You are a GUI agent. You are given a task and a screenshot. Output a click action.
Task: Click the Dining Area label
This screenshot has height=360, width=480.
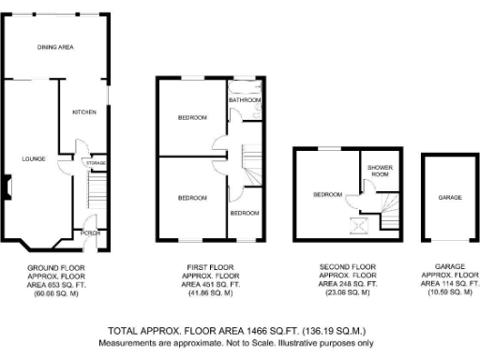[55, 46]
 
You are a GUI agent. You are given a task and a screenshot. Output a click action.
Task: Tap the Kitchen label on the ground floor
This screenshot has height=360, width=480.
[84, 112]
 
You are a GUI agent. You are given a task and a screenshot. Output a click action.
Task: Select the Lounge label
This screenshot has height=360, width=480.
[34, 159]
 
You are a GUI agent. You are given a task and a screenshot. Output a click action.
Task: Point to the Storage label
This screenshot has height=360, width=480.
[95, 164]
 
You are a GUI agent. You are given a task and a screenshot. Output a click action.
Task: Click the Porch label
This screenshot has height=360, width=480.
[91, 232]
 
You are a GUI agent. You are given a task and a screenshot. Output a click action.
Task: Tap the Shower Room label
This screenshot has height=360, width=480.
[379, 172]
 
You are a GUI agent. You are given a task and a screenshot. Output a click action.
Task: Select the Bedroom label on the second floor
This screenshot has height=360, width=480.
[327, 194]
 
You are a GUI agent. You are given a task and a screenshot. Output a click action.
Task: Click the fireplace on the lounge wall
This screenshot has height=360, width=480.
[7, 189]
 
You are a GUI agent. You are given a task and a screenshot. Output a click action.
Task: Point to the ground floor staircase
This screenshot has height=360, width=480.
[94, 194]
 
